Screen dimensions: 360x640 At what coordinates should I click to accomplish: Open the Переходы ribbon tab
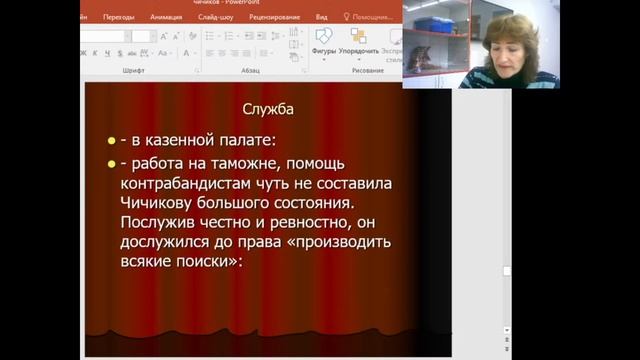(118, 17)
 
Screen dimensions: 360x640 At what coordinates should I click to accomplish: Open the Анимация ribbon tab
(166, 17)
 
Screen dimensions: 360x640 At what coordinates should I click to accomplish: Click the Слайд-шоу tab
(217, 17)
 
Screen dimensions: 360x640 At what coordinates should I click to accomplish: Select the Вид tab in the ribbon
(321, 17)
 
